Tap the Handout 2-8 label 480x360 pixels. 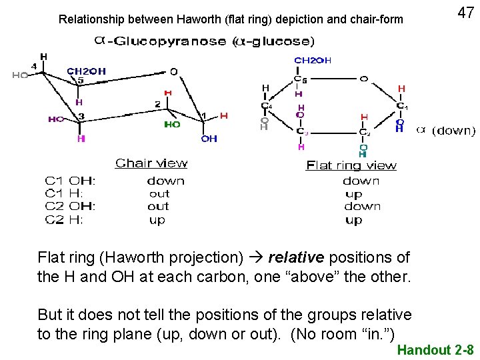pos(435,350)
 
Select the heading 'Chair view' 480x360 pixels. pos(151,163)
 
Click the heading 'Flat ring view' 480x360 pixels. pos(351,165)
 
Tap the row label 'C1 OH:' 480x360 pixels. pos(70,181)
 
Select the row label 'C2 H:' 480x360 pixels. pos(64,220)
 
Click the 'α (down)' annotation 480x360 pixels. pos(446,131)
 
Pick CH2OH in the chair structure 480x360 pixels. pos(86,71)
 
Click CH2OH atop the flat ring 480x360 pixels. pos(313,61)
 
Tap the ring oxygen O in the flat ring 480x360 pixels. pos(363,79)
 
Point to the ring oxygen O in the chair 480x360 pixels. pos(173,71)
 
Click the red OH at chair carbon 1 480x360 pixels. pos(209,139)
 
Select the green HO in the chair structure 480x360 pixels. pos(172,125)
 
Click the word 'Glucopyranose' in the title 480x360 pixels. pos(171,41)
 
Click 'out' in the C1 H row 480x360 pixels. pos(159,193)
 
